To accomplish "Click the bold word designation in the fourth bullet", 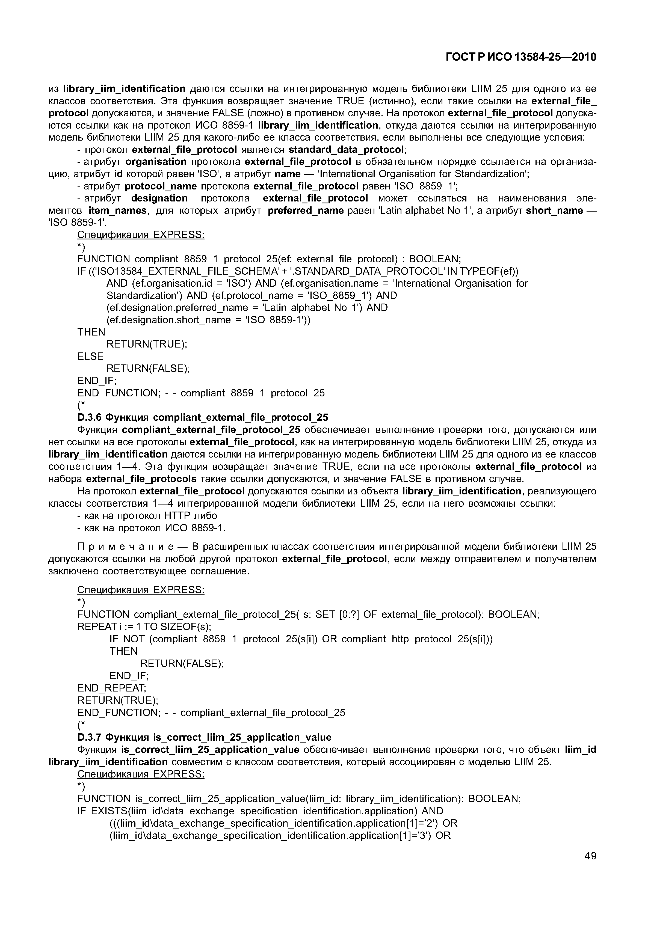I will [159, 198].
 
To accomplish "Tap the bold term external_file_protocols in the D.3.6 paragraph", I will [141, 479].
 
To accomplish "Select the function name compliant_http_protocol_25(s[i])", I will [415, 639].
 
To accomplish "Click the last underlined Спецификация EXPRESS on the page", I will [141, 774].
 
